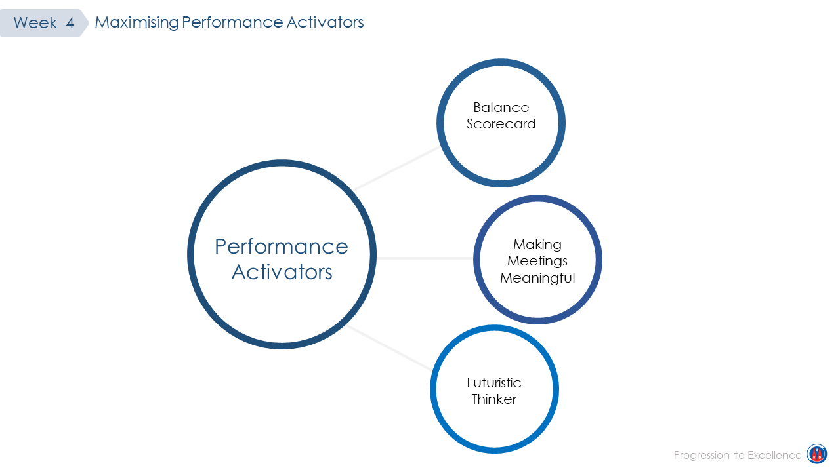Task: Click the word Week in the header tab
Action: pyautogui.click(x=35, y=23)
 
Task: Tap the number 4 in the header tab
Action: pyautogui.click(x=70, y=23)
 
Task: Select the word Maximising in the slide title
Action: pyautogui.click(x=137, y=22)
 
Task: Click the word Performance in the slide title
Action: pyautogui.click(x=232, y=22)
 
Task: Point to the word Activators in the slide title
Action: pyautogui.click(x=325, y=22)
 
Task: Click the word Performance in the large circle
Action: pyautogui.click(x=282, y=246)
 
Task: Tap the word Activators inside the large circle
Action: pyautogui.click(x=282, y=272)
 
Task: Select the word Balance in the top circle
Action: pyautogui.click(x=501, y=108)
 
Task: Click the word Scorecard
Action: pyautogui.click(x=501, y=124)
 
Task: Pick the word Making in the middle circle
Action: pyautogui.click(x=537, y=245)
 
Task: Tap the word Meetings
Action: pyautogui.click(x=537, y=261)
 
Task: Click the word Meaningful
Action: pyautogui.click(x=537, y=278)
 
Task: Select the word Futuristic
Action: pyautogui.click(x=494, y=383)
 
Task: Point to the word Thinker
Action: pyautogui.click(x=494, y=399)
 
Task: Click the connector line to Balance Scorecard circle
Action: pyautogui.click(x=396, y=168)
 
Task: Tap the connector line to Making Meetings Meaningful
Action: pyautogui.click(x=425, y=258)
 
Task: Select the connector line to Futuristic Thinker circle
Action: pyautogui.click(x=388, y=347)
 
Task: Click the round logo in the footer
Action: pyautogui.click(x=817, y=454)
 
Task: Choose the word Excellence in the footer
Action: pyautogui.click(x=774, y=455)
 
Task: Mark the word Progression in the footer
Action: pyautogui.click(x=702, y=456)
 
